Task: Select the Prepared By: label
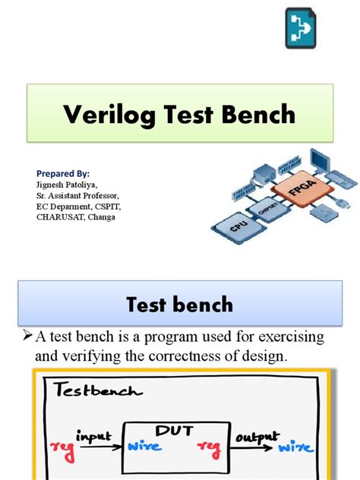point(63,174)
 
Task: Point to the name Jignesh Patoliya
point(67,185)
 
